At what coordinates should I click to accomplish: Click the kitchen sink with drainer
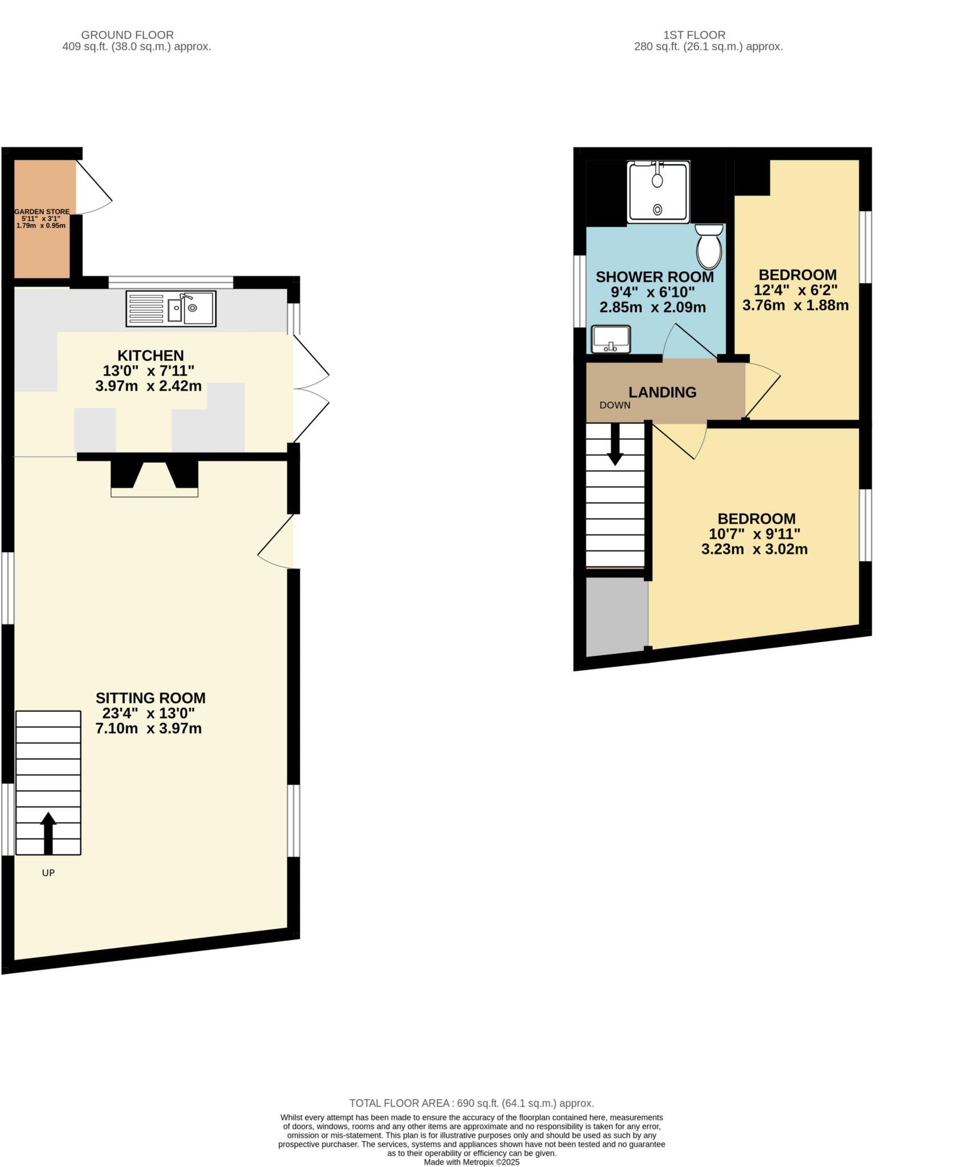coord(171,309)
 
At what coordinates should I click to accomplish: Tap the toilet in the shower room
coord(709,246)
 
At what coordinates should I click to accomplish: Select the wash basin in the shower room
coord(611,339)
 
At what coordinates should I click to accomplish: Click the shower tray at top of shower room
coord(658,192)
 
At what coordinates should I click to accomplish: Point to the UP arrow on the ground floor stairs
coord(48,833)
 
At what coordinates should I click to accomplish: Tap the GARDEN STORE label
coord(42,211)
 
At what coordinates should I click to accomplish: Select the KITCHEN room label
coord(150,356)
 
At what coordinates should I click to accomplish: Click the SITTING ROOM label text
coord(150,698)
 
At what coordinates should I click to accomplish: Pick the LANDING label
coord(662,392)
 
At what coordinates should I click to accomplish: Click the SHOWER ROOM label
coord(654,278)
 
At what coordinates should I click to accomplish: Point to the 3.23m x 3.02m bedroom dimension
coord(754,549)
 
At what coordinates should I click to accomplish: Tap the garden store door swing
coord(92,189)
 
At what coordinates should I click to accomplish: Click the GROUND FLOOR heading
coord(127,35)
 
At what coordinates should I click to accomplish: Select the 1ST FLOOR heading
coord(694,35)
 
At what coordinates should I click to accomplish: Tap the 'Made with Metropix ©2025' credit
coord(471,1162)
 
